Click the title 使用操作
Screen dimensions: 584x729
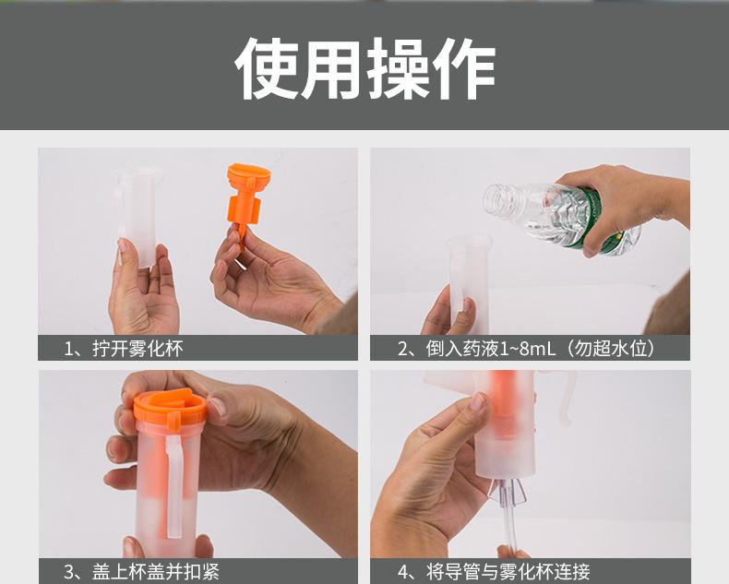click(x=364, y=69)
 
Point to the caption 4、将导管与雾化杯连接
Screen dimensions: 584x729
click(x=493, y=572)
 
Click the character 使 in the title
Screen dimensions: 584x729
click(x=266, y=69)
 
